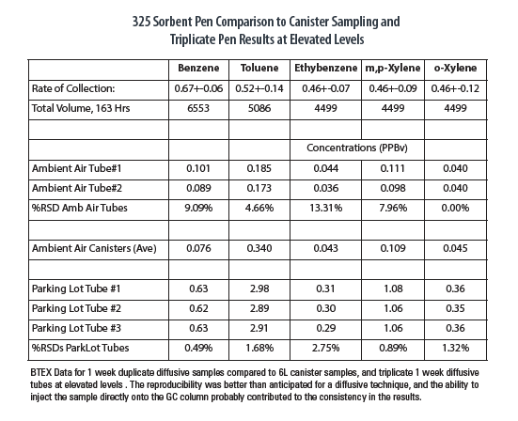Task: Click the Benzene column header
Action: (198, 68)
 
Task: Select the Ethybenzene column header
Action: (325, 69)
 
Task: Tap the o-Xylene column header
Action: (455, 69)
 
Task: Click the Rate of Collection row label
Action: (73, 88)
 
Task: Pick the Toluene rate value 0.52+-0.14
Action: (259, 88)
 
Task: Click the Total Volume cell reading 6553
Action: (198, 108)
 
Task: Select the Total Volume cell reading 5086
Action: (259, 108)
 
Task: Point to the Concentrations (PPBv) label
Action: (357, 148)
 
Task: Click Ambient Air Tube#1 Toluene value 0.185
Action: (259, 168)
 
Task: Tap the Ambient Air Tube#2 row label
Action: (77, 188)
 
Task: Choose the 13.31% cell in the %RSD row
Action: (325, 208)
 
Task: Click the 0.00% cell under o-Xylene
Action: (455, 208)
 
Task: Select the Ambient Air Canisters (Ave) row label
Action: (94, 248)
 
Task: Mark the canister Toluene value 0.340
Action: (259, 248)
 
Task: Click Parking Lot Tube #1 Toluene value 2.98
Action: (259, 288)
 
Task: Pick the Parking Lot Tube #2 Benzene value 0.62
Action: (198, 308)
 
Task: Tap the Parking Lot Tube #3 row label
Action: (76, 328)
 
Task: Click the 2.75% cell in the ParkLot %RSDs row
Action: (325, 348)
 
